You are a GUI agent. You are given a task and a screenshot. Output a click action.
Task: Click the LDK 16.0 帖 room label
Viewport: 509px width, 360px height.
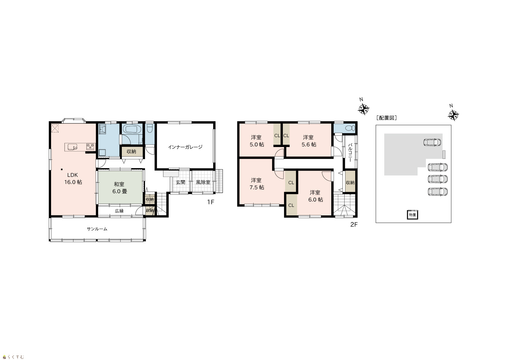click(73, 178)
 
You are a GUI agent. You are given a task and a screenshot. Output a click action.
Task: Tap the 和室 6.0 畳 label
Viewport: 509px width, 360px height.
click(119, 188)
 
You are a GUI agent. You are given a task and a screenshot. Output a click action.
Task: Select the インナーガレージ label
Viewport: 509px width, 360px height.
click(185, 147)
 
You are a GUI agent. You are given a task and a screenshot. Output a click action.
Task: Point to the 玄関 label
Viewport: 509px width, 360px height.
click(180, 182)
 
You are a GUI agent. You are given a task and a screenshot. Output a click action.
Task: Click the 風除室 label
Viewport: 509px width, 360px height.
click(203, 182)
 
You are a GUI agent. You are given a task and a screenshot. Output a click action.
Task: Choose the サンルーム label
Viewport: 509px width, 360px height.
click(97, 229)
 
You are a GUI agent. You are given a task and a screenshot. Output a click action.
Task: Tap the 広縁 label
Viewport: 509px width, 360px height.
click(119, 211)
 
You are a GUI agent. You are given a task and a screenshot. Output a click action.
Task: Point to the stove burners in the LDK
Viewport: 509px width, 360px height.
click(90, 147)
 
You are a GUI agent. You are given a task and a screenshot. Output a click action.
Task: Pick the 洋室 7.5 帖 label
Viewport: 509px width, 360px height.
click(257, 184)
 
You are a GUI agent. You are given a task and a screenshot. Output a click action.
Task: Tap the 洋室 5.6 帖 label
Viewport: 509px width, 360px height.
click(309, 141)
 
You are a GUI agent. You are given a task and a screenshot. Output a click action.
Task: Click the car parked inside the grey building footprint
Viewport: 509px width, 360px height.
click(432, 142)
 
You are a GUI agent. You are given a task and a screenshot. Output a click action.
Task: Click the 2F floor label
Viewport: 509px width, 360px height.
click(354, 224)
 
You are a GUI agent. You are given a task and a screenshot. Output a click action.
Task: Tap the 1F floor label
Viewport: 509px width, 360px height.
click(210, 202)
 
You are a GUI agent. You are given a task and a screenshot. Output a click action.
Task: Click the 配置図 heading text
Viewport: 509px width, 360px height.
click(387, 118)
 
